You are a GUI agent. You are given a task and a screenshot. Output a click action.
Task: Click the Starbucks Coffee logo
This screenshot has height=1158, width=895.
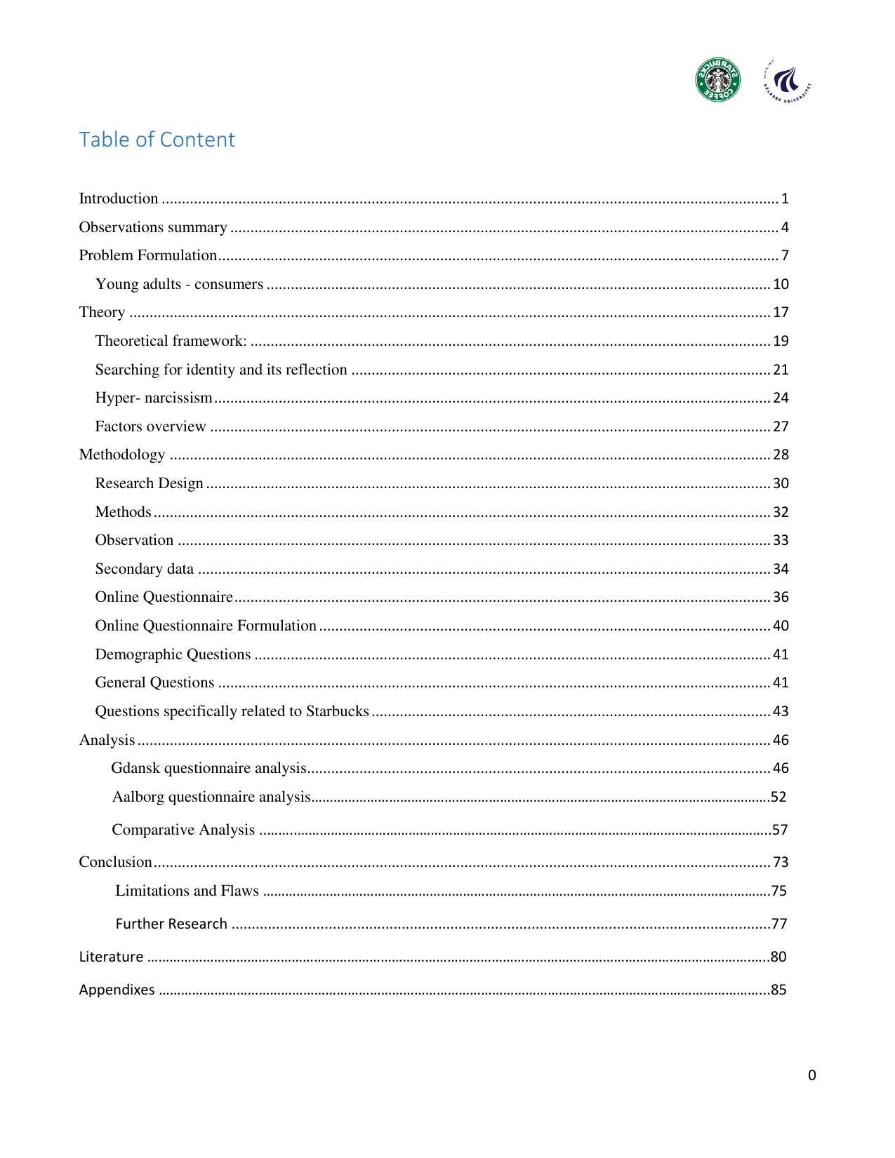(717, 80)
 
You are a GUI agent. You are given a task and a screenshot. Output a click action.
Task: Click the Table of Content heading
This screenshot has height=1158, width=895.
(157, 140)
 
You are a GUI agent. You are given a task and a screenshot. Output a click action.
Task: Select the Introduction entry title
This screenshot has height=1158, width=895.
(119, 198)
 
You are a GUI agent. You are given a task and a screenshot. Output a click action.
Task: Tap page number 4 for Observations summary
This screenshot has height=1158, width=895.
(785, 227)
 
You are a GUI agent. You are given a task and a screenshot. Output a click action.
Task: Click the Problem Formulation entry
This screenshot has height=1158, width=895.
(148, 255)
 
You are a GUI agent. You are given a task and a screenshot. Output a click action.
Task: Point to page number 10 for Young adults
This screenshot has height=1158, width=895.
(781, 284)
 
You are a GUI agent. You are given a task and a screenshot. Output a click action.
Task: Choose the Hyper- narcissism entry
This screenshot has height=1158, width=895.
(154, 398)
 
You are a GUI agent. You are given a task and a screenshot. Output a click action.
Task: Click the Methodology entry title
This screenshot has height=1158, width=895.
(122, 455)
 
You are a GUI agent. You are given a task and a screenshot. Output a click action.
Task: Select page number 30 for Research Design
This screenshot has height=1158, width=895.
(781, 483)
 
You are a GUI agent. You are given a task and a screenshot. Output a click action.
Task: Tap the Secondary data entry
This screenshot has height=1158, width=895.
(145, 569)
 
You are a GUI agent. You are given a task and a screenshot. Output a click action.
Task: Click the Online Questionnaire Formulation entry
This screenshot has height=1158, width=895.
(206, 626)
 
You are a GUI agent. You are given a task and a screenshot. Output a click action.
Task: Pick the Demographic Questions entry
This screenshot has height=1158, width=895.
(173, 654)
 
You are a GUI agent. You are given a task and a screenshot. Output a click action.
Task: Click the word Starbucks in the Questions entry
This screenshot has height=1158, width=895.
(337, 711)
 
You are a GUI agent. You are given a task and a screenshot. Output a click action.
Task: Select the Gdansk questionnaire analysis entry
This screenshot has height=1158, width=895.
(209, 768)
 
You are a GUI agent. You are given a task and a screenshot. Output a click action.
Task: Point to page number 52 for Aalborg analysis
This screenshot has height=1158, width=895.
(778, 797)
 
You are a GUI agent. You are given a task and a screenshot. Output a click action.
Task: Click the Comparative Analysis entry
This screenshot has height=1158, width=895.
(183, 830)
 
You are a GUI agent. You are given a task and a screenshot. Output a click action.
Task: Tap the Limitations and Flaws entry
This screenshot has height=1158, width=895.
(187, 891)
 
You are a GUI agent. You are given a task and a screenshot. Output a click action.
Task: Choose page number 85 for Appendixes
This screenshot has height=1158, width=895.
(778, 990)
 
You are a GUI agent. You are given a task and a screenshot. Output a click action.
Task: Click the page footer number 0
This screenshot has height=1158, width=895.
(811, 1075)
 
